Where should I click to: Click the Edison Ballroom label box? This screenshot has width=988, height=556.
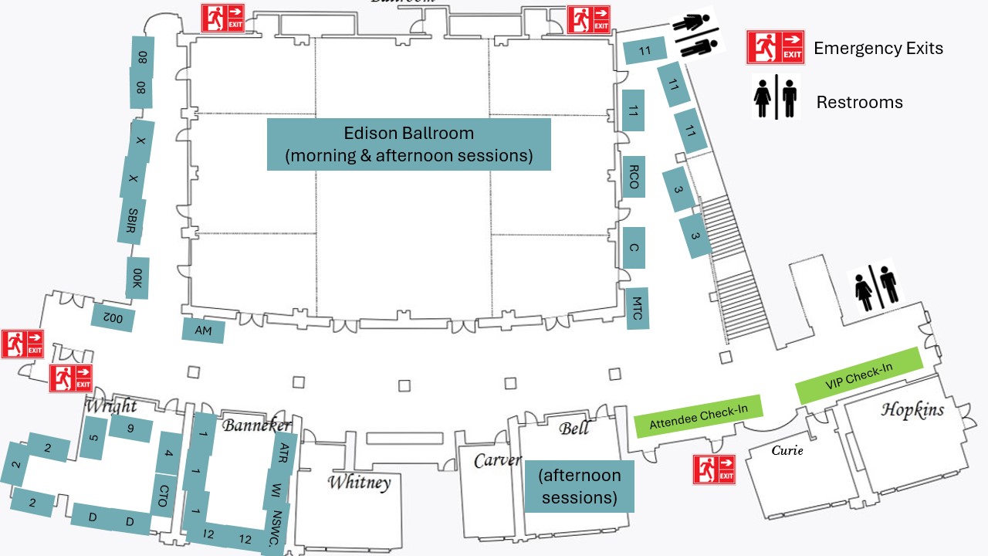[x=408, y=144]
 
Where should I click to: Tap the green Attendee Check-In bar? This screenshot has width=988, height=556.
[x=698, y=416]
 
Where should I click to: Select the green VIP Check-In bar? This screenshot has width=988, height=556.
[x=858, y=375]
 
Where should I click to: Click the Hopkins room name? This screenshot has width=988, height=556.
[x=912, y=410]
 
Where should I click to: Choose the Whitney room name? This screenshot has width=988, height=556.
[x=359, y=483]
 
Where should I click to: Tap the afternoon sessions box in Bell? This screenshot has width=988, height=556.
[x=579, y=486]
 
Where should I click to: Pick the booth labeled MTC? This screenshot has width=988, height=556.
[x=637, y=308]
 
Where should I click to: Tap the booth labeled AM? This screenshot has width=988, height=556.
[x=203, y=331]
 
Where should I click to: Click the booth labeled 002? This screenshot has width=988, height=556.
[x=113, y=316]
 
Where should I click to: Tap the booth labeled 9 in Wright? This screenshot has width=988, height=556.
[x=130, y=429]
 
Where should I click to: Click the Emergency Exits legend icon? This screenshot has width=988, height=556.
[x=775, y=47]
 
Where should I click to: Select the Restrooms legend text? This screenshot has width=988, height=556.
[x=859, y=102]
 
